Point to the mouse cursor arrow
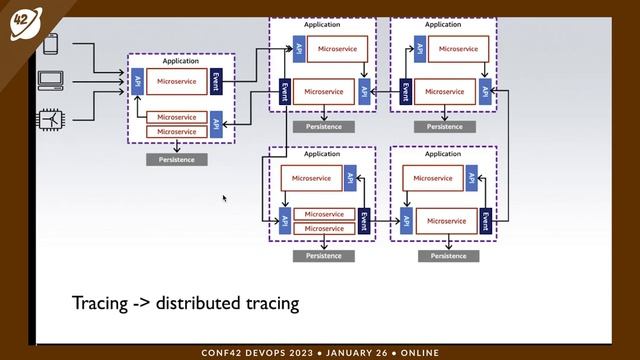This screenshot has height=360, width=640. (x=224, y=198)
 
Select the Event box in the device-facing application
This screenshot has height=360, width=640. (x=216, y=81)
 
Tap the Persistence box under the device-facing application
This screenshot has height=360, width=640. (x=177, y=159)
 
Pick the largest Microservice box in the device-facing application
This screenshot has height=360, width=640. (x=176, y=81)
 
